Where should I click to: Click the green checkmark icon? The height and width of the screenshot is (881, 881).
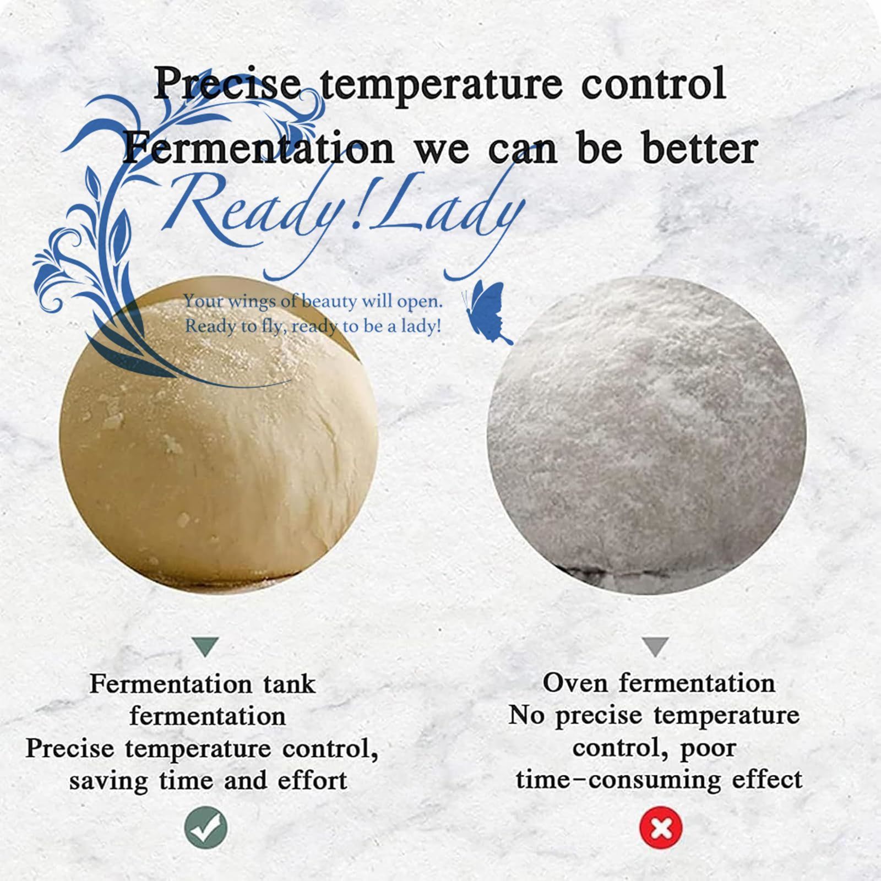205,827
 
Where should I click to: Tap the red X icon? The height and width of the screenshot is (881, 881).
661,827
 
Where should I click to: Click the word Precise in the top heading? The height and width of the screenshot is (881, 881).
227,84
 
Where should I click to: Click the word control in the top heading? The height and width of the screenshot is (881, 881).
653,84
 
